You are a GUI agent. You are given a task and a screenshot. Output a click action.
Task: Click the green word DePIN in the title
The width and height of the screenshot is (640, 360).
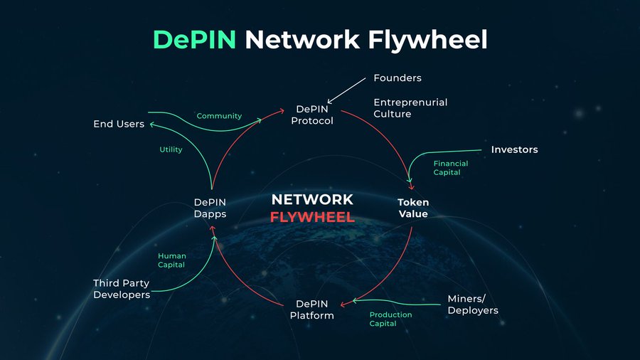pyautogui.click(x=195, y=40)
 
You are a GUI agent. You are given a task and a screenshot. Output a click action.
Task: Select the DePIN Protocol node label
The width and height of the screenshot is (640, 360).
pyautogui.click(x=312, y=115)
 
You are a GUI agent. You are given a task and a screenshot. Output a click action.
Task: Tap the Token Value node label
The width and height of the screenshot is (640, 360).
pyautogui.click(x=412, y=208)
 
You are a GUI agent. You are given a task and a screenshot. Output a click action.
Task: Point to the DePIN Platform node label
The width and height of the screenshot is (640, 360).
pyautogui.click(x=312, y=309)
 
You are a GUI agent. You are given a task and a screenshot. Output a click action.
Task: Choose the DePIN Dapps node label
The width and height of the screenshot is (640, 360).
pyautogui.click(x=210, y=208)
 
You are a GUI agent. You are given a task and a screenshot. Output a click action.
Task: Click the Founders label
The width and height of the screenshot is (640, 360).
pyautogui.click(x=398, y=78)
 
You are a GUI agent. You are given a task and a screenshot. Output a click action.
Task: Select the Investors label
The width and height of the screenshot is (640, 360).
pyautogui.click(x=514, y=149)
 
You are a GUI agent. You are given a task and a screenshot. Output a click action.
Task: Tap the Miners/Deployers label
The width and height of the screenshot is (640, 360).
pyautogui.click(x=472, y=305)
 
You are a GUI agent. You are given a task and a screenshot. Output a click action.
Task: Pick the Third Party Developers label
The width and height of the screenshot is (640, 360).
pyautogui.click(x=122, y=289)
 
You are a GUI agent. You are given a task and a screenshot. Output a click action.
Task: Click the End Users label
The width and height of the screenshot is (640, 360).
pyautogui.click(x=119, y=124)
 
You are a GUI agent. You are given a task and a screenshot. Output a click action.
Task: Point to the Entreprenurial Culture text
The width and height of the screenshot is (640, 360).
pyautogui.click(x=410, y=108)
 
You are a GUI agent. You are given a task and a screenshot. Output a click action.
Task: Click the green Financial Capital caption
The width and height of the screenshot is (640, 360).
pyautogui.click(x=451, y=168)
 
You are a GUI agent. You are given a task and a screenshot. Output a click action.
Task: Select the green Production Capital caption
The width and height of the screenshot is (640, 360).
pyautogui.click(x=390, y=319)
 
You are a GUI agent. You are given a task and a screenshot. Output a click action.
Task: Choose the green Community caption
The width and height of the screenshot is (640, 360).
pyautogui.click(x=219, y=116)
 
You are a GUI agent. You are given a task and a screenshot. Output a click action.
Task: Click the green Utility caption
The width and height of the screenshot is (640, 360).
pyautogui.click(x=171, y=149)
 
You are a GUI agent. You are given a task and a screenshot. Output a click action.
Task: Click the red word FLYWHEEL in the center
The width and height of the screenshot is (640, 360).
pyautogui.click(x=312, y=217)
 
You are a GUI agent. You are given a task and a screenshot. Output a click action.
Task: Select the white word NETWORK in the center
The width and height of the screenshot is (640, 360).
pyautogui.click(x=312, y=199)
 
